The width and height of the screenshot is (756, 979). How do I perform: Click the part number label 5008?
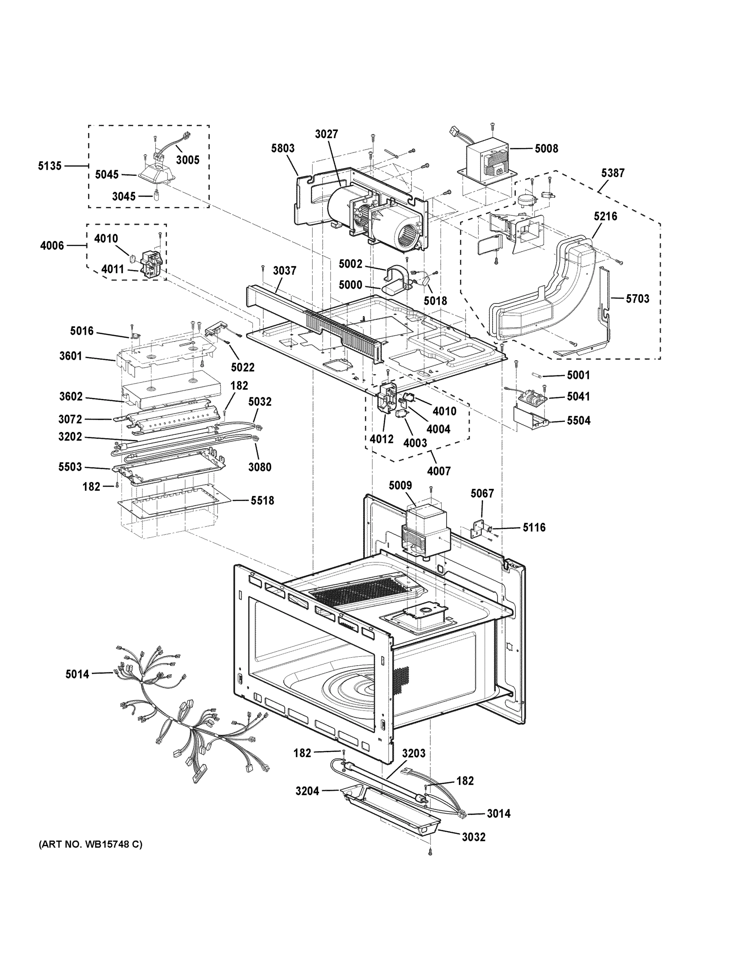[x=546, y=148]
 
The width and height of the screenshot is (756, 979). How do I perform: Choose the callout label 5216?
[x=605, y=217]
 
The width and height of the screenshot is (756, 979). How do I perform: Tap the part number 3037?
[x=284, y=271]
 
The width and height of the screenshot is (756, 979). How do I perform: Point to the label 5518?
[x=262, y=500]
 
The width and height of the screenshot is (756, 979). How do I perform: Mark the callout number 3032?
[x=474, y=837]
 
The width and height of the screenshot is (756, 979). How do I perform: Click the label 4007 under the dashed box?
[x=439, y=471]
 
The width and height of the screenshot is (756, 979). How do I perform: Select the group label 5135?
[x=49, y=166]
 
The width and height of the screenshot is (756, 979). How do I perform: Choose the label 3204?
[x=307, y=791]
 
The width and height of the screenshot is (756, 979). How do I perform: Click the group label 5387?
[x=612, y=173]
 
